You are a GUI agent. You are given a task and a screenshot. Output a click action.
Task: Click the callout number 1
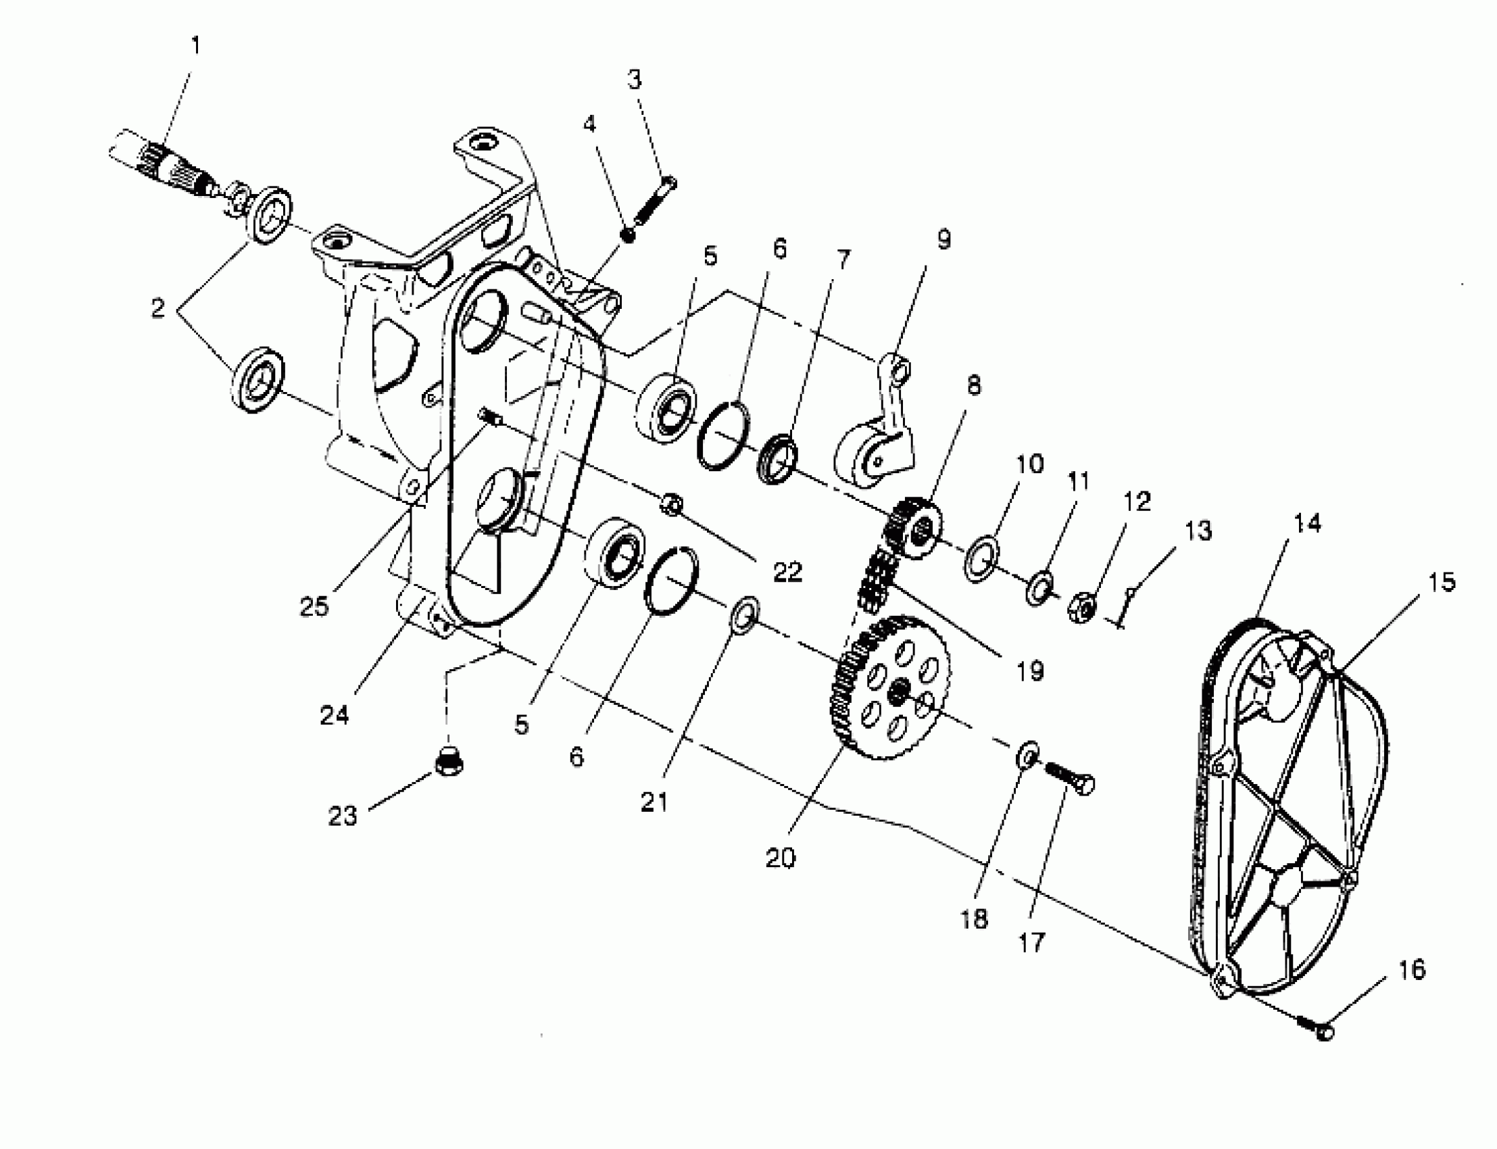point(196,47)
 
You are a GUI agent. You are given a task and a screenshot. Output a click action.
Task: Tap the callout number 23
point(343,816)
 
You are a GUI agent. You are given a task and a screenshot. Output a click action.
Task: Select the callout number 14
point(1307,524)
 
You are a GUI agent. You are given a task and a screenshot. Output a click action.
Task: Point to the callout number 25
point(314,606)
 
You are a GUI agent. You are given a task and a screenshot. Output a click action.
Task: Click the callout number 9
point(943,239)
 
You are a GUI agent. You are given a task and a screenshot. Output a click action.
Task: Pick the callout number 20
point(781,857)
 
